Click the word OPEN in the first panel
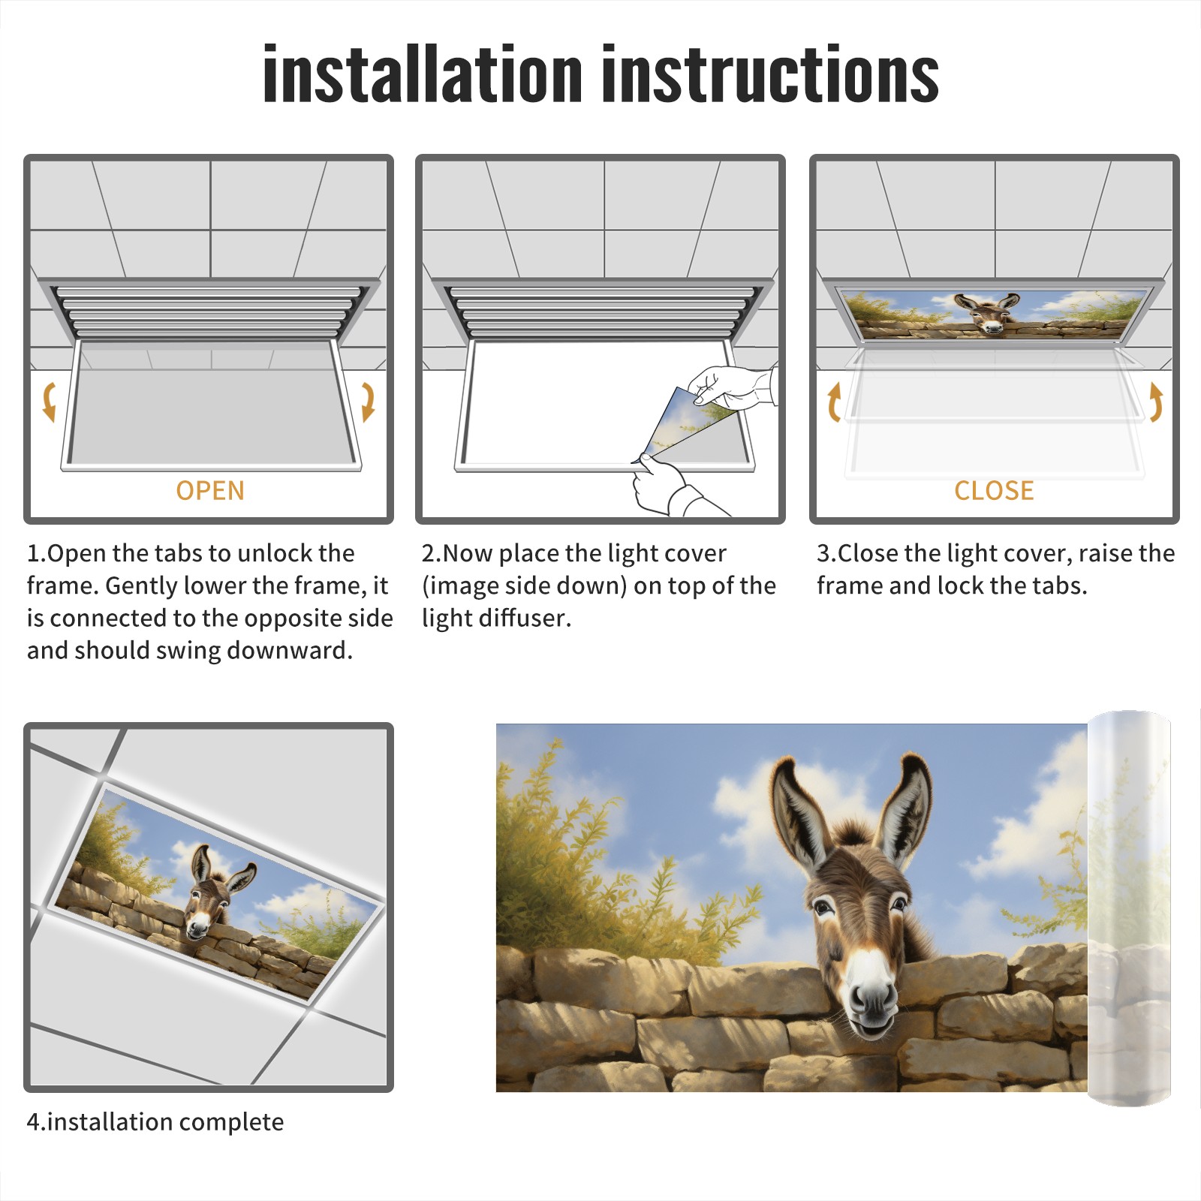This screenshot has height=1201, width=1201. pyautogui.click(x=210, y=490)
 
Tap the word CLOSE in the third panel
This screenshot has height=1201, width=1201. pyautogui.click(x=994, y=490)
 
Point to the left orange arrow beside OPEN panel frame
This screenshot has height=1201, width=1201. pyautogui.click(x=49, y=401)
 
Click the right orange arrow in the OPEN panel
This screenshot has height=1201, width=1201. pyautogui.click(x=368, y=401)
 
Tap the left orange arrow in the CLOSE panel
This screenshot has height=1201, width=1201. pyautogui.click(x=834, y=401)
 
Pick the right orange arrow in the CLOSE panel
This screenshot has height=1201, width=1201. pyautogui.click(x=1156, y=401)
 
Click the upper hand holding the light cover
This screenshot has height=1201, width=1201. pyautogui.click(x=732, y=386)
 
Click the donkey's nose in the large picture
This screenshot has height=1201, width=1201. pyautogui.click(x=871, y=998)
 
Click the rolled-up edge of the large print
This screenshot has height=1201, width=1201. pyautogui.click(x=1129, y=908)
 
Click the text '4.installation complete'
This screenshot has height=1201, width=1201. pyautogui.click(x=155, y=1121)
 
